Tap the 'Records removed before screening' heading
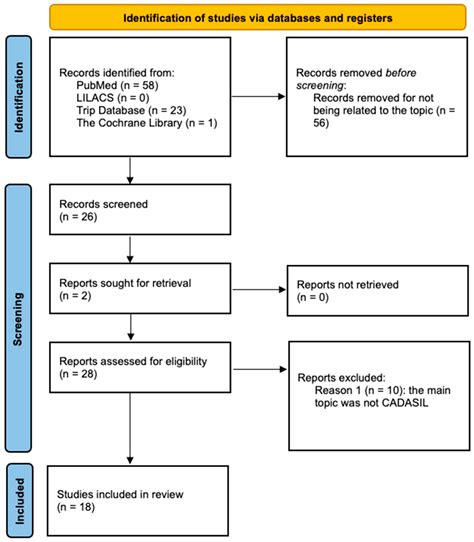pyautogui.click(x=369, y=80)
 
